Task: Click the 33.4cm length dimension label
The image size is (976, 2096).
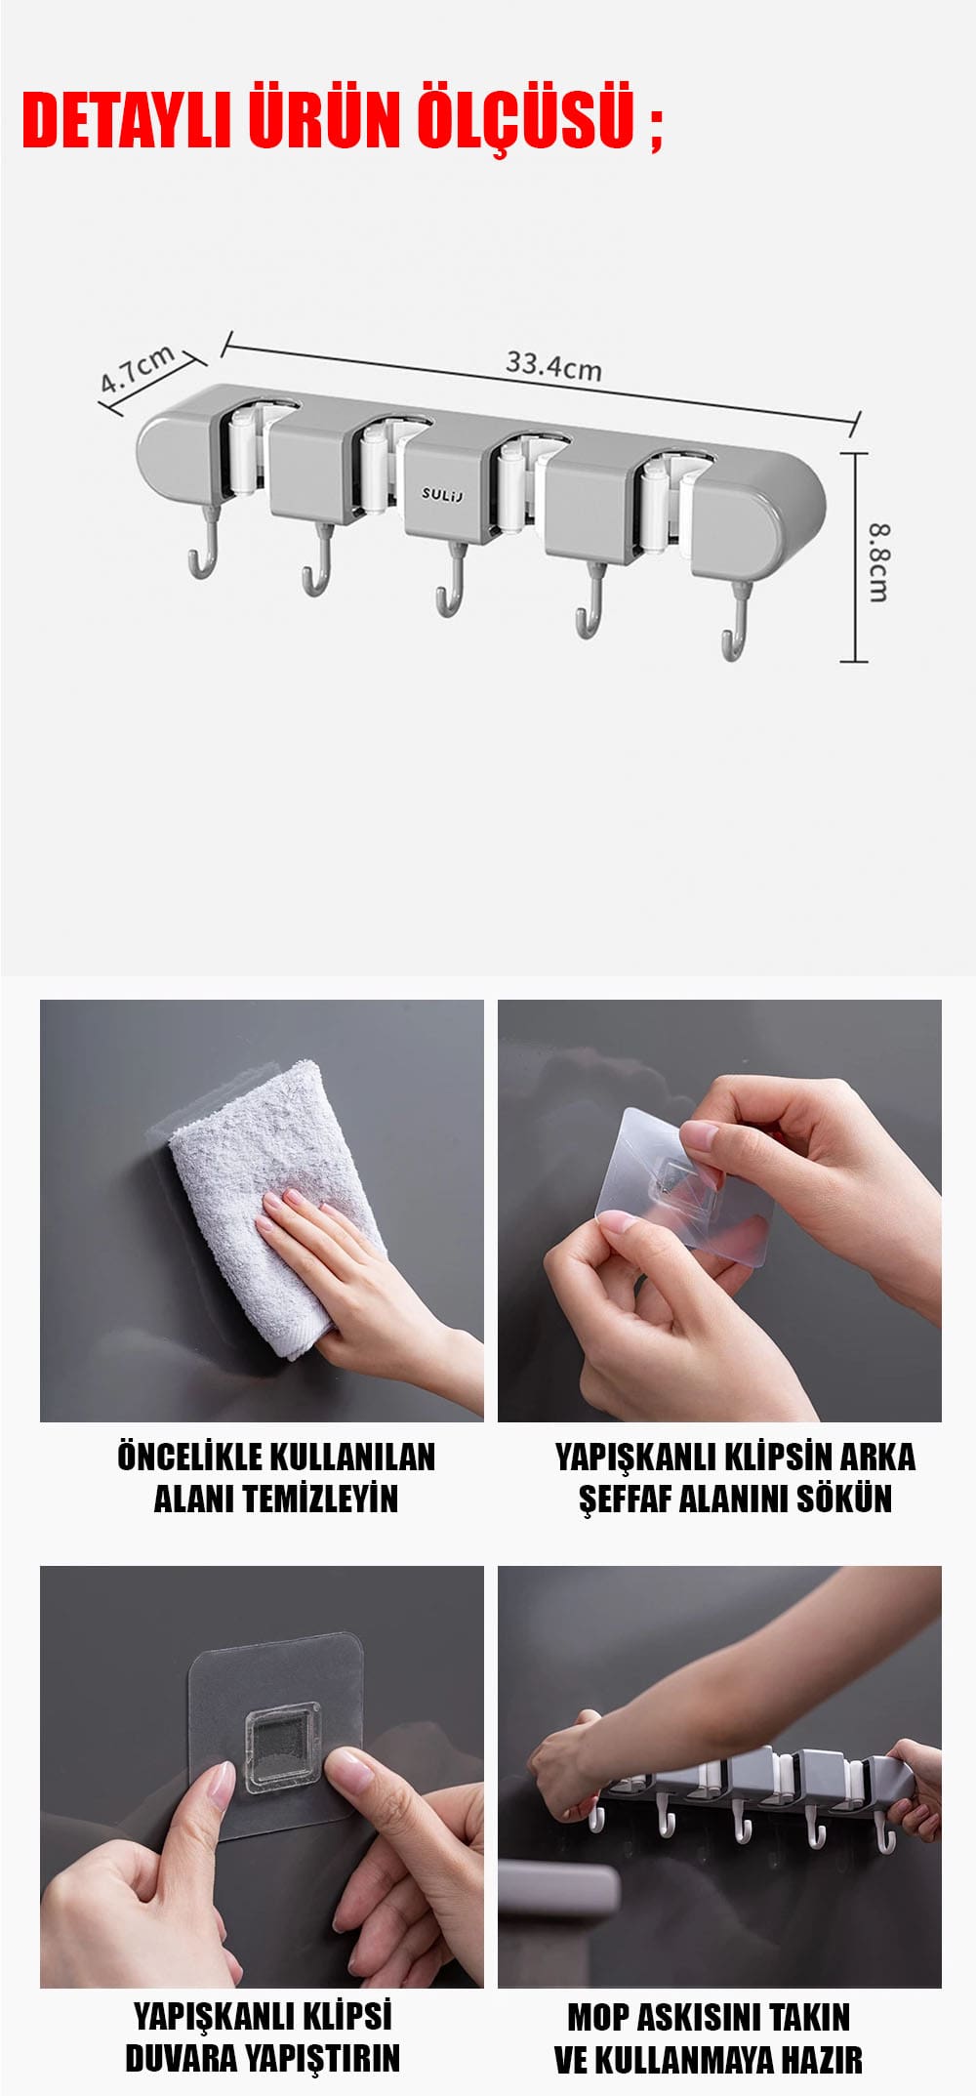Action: click(553, 366)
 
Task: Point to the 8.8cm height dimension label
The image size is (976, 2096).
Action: click(878, 562)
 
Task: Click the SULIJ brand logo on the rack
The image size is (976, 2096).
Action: click(443, 494)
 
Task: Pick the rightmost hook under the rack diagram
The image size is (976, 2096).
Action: click(737, 625)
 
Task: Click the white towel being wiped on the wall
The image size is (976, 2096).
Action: click(277, 1207)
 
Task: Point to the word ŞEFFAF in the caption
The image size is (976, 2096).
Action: click(625, 1500)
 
